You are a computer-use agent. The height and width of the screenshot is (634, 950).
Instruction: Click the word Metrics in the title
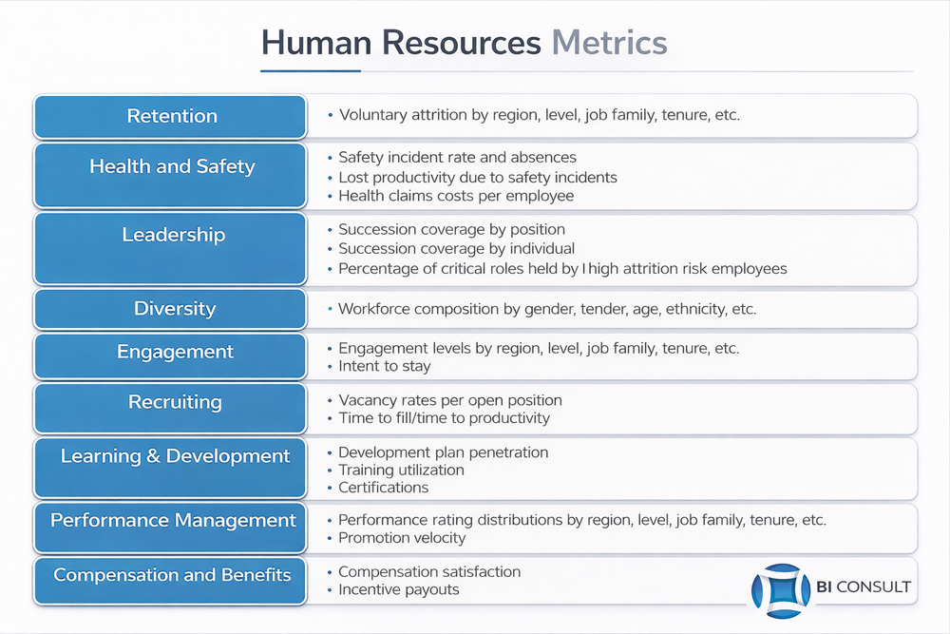pos(609,43)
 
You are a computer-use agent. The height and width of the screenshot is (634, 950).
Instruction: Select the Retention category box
pos(170,116)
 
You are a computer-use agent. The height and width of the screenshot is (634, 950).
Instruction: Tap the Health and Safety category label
pos(172,166)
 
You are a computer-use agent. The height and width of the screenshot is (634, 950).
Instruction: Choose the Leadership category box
pos(170,248)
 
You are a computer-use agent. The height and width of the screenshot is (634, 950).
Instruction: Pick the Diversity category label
pos(175,309)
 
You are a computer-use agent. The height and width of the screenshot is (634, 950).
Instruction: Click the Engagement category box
pos(170,355)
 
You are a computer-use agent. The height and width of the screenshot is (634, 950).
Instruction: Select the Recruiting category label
pos(175,402)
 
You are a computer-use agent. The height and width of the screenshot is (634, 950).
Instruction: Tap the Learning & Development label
pos(175,456)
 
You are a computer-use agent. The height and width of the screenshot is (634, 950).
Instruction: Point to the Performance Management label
pos(173,520)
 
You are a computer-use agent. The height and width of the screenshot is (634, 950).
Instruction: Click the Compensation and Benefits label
pos(172,575)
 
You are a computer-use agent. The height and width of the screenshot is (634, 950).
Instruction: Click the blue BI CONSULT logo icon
pos(781,591)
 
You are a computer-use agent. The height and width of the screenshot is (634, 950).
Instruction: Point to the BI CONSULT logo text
pos(864,586)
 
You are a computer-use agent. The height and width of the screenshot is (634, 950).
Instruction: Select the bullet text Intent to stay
pos(385,366)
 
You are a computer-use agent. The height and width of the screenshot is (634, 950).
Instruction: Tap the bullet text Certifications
pos(384,488)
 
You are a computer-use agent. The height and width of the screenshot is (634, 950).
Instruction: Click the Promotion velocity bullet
pos(402,538)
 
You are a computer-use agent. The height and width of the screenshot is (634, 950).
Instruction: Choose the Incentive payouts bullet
pos(399,589)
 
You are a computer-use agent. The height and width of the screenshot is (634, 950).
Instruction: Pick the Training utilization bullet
pos(401,470)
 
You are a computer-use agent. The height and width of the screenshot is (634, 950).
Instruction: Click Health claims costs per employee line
pos(456,196)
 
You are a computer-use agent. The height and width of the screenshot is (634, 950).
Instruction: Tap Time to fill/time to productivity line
pos(444,418)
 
